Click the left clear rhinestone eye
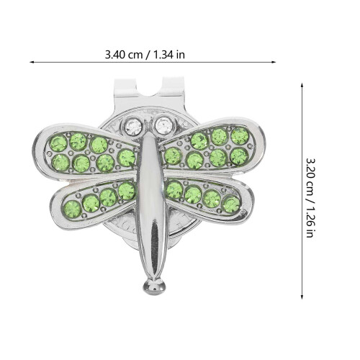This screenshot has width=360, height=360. [134, 127]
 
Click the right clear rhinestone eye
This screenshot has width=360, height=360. [163, 125]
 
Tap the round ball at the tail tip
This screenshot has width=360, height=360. [154, 287]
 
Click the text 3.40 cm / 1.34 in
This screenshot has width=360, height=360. [145, 55]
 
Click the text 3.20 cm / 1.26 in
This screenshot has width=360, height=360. [310, 197]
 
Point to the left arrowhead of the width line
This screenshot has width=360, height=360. [32, 62]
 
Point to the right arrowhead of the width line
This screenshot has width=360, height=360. [274, 62]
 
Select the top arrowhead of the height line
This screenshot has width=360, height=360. [302, 85]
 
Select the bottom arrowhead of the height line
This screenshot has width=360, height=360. [302, 297]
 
